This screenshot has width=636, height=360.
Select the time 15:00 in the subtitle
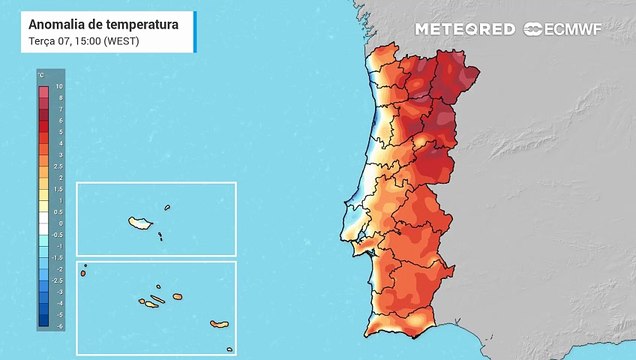pos(83,40)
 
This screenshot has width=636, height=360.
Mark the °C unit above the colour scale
pos(41,76)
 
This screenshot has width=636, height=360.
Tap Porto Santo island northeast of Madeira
pos(168,208)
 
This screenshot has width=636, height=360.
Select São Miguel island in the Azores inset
pos(219,323)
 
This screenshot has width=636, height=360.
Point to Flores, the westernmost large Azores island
pos(84,273)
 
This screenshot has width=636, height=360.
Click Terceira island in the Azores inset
pos(177,296)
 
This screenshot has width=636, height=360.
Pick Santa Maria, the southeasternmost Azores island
pos(229,349)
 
